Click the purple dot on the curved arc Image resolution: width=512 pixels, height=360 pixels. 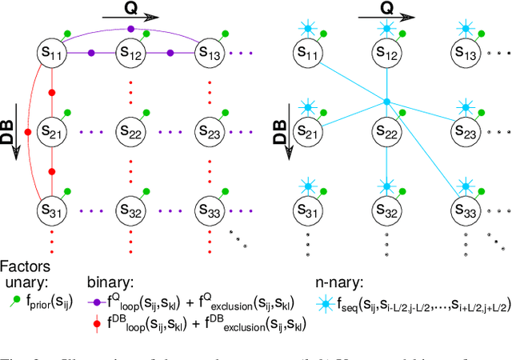132,30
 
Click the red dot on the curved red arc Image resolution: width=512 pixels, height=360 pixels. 28,132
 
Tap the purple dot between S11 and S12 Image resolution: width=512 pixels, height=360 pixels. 92,53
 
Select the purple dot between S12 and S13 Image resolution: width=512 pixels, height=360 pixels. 170,53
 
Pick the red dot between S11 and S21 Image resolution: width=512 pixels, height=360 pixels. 52,93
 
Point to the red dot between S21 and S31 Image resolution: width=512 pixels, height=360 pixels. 52,171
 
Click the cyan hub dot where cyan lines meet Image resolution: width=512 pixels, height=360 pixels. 386,102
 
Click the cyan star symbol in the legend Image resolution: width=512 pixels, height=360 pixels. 323,302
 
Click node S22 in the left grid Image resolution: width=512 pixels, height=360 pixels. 132,131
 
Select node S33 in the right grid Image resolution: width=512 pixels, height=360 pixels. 465,210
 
